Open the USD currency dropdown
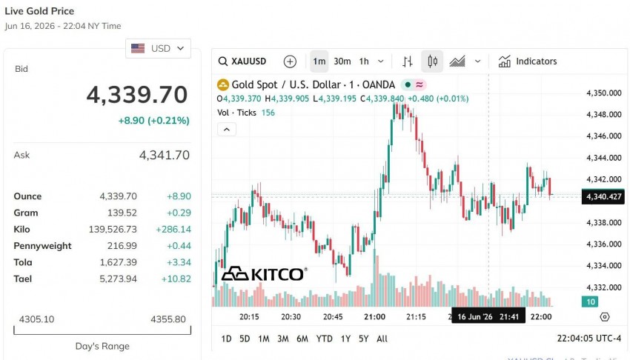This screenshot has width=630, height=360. point(158,49)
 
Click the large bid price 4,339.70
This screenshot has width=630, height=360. point(137,95)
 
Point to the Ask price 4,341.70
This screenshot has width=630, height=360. point(165,155)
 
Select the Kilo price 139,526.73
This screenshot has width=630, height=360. point(113,229)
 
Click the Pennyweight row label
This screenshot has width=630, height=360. point(42,246)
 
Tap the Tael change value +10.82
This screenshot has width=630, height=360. point(176,279)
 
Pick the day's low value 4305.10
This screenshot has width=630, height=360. point(36,319)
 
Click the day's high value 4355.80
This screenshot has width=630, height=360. point(168,319)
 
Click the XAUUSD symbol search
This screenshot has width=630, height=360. point(242,61)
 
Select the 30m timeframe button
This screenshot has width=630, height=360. point(342,61)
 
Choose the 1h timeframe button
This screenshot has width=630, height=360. point(364,61)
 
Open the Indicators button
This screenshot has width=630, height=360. point(528,61)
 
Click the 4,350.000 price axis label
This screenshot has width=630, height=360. point(604,93)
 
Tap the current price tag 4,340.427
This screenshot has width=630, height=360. point(603,196)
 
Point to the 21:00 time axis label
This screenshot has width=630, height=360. point(374,316)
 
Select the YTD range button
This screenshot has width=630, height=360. point(324,339)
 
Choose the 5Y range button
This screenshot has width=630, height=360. point(364,339)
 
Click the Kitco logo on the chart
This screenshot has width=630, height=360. point(265,274)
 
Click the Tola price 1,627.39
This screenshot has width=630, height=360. point(118,262)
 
